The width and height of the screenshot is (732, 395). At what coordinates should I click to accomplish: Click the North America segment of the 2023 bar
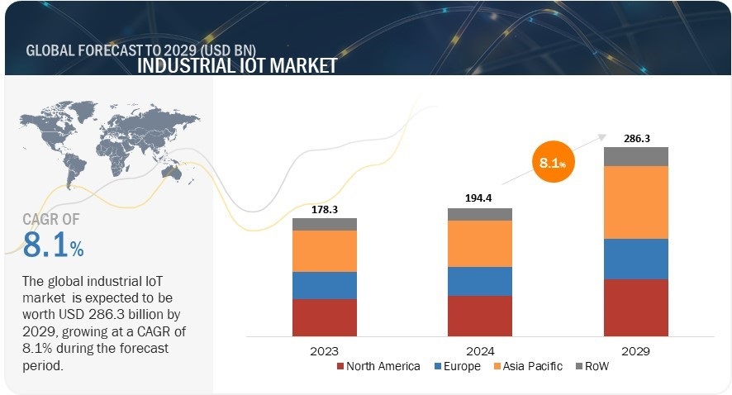point(325,317)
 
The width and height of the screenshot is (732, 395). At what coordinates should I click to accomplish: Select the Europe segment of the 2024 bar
point(480,281)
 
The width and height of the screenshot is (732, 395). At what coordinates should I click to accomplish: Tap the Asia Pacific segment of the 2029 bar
point(636,202)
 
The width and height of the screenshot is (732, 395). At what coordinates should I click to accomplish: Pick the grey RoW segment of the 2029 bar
point(636,156)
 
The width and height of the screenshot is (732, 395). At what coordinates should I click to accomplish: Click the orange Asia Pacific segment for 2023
point(325,250)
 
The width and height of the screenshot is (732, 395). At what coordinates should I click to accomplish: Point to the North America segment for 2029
point(636,307)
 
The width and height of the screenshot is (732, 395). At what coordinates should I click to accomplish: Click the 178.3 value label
point(325,210)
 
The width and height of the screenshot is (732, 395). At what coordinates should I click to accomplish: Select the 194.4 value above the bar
point(480,199)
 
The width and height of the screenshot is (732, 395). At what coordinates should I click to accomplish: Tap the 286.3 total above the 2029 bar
point(636,138)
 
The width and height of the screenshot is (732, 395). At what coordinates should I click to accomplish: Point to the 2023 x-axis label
point(325,350)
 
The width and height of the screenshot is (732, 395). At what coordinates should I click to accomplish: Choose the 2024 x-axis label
point(480,350)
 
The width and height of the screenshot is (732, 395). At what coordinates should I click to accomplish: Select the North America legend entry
point(378,366)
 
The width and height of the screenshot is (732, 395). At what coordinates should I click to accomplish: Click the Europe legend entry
point(455,366)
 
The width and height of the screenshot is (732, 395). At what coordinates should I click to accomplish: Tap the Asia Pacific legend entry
point(528,366)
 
